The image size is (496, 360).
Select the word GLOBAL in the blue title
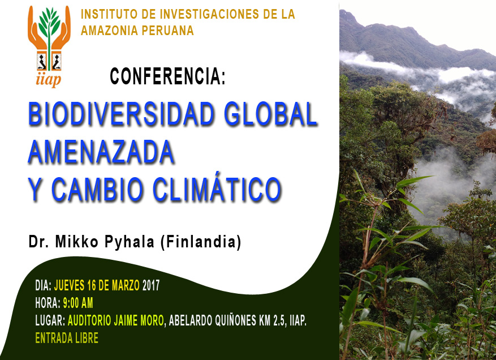pyautogui.click(x=270, y=114)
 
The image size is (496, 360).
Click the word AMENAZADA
pyautogui.click(x=101, y=152)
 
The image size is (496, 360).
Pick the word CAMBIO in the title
pyautogui.click(x=97, y=190)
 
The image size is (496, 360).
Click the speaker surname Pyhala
pyautogui.click(x=130, y=242)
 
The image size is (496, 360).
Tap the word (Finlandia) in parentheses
pyautogui.click(x=201, y=242)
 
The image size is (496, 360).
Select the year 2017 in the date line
pyautogui.click(x=151, y=286)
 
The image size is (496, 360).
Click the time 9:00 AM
pyautogui.click(x=78, y=303)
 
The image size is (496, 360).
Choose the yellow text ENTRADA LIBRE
pyautogui.click(x=67, y=338)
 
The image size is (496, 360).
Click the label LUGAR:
pyautogui.click(x=50, y=321)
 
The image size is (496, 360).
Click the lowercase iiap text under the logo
pyautogui.click(x=49, y=80)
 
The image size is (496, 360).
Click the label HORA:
pyautogui.click(x=48, y=303)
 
